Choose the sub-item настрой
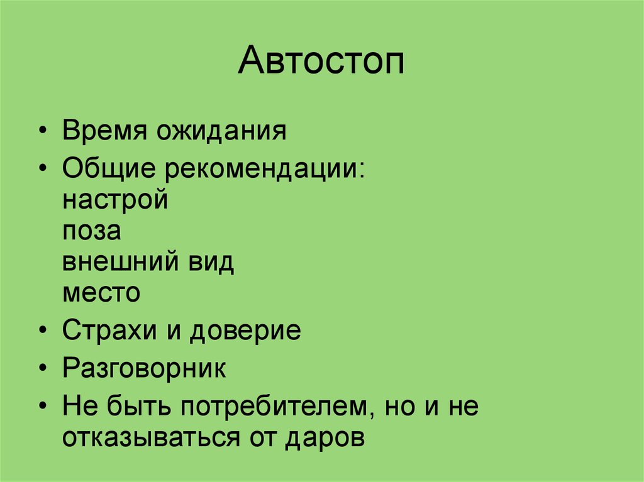click(116, 202)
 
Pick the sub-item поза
click(92, 232)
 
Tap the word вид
click(209, 262)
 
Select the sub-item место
click(101, 293)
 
